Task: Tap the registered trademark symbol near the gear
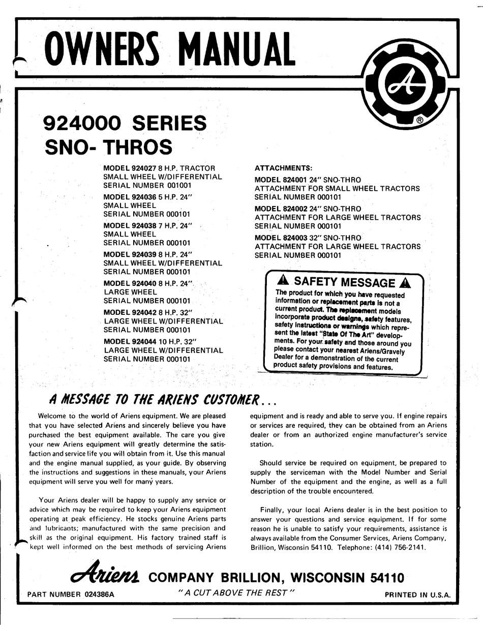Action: click(420, 121)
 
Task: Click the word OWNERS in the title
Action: click(105, 50)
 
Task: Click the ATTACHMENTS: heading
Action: click(284, 168)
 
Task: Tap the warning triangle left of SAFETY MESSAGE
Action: click(283, 281)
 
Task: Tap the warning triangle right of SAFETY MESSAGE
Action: click(405, 283)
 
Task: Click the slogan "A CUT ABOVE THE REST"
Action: click(235, 593)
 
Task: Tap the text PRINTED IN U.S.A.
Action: click(417, 594)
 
